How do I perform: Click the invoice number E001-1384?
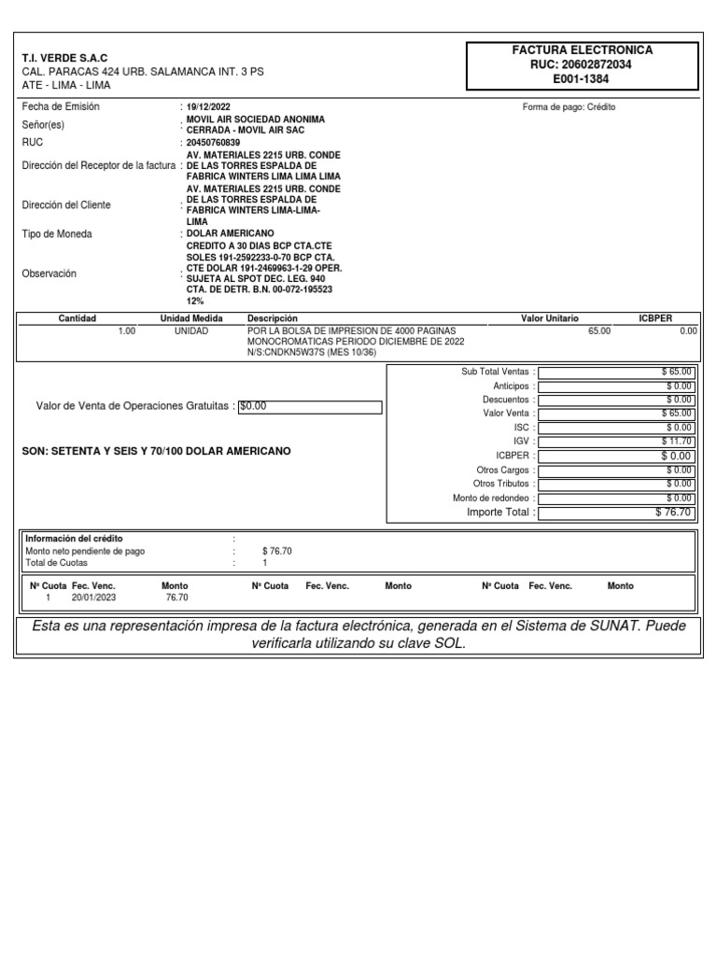tap(581, 79)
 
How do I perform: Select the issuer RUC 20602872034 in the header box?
tap(581, 64)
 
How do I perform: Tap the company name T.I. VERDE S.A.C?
tap(64, 58)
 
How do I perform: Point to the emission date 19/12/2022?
tap(209, 107)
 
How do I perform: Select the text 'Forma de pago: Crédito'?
tap(569, 107)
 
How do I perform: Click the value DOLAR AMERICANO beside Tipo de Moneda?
tap(231, 232)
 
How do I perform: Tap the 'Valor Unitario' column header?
tap(549, 318)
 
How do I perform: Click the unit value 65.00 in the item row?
tap(599, 330)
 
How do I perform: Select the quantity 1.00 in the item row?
tap(127, 330)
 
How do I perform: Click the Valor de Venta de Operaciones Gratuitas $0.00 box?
tap(310, 406)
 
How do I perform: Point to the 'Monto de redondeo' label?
tap(492, 498)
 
